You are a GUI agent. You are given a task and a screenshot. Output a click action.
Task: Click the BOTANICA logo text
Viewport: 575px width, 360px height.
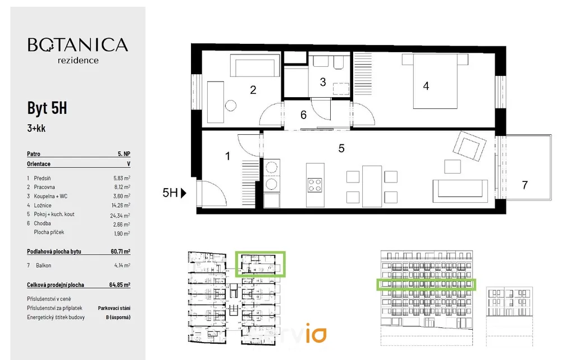pyautogui.click(x=78, y=45)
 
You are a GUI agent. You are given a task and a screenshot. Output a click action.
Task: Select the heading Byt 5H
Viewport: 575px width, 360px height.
pyautogui.click(x=47, y=108)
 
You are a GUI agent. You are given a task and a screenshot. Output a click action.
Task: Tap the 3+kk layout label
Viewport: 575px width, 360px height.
pyautogui.click(x=37, y=128)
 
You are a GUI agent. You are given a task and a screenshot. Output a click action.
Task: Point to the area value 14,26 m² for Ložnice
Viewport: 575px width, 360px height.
pyautogui.click(x=121, y=205)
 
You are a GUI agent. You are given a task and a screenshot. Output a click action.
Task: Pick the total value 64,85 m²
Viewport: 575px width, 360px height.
pyautogui.click(x=120, y=285)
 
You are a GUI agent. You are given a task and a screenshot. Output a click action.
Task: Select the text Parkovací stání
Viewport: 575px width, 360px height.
pyautogui.click(x=114, y=308)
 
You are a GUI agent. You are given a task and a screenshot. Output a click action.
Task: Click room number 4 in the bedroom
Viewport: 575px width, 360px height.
pyautogui.click(x=426, y=86)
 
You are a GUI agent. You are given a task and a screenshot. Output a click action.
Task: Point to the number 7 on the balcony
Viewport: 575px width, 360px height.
pyautogui.click(x=525, y=185)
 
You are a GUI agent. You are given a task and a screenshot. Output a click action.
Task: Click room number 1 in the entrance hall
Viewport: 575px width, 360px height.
pyautogui.click(x=227, y=156)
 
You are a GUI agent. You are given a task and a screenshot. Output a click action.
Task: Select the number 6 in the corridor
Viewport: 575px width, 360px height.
pyautogui.click(x=303, y=115)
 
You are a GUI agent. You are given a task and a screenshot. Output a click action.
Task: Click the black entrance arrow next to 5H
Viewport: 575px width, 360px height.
pyautogui.click(x=184, y=193)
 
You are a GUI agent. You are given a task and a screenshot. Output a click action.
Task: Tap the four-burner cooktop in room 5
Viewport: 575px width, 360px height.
pyautogui.click(x=315, y=185)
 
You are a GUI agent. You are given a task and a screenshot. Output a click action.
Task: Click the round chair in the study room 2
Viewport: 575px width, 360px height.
pyautogui.click(x=231, y=105)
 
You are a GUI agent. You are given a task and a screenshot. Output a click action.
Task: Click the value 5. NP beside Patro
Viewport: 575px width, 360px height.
pyautogui.click(x=124, y=153)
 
